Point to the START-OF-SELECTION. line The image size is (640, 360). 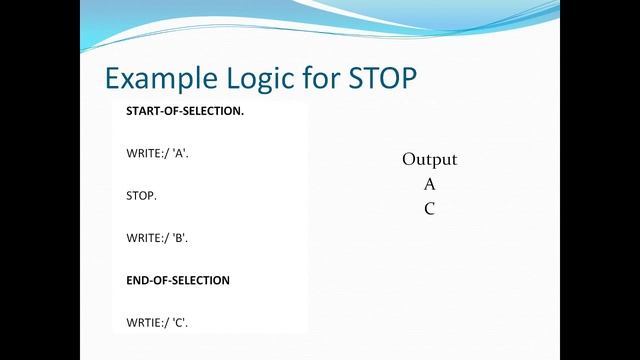(x=185, y=110)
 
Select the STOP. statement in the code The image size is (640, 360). (x=141, y=195)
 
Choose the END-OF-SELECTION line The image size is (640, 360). (x=178, y=280)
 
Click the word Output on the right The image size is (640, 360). (x=429, y=160)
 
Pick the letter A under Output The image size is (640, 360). (x=429, y=184)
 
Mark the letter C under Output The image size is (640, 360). (x=429, y=209)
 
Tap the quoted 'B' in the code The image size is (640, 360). (x=179, y=238)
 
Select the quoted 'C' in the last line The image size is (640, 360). (x=179, y=322)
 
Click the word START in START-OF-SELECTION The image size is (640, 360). (x=143, y=110)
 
